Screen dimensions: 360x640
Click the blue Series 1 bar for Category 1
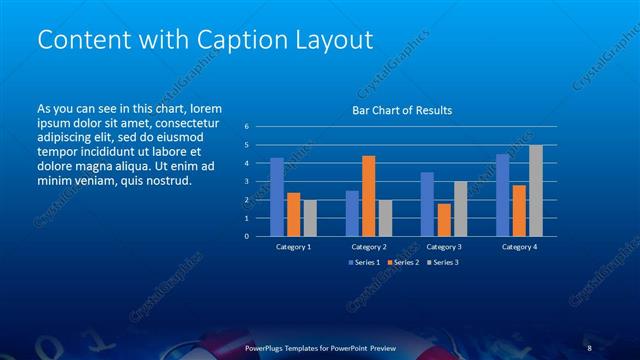point(277,197)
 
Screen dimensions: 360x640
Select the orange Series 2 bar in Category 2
point(368,196)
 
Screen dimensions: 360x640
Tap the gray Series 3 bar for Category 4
point(536,191)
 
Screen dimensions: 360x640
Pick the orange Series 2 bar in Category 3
point(444,220)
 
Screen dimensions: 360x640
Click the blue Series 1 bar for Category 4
point(503,195)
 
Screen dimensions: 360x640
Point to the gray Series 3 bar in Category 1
point(309,218)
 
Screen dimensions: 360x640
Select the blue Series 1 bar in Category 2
point(352,213)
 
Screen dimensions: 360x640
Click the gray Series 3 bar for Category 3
point(460,209)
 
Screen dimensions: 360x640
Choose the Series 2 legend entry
point(402,262)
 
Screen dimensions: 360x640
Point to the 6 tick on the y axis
point(247,127)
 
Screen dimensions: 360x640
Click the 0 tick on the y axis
point(247,237)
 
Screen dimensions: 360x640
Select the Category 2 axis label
point(368,246)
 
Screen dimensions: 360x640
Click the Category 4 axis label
point(519,246)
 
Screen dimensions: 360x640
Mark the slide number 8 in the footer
point(590,348)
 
